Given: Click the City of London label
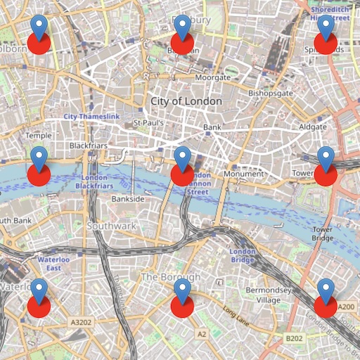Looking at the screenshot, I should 186,101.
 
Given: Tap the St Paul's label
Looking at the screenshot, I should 148,123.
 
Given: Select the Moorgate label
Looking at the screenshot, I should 212,77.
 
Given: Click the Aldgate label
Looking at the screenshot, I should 312,127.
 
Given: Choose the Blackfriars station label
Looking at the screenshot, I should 87,146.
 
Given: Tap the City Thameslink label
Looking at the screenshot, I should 92,115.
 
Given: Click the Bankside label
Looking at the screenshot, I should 128,199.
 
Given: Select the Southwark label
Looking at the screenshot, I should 111,226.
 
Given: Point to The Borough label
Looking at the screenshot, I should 171,278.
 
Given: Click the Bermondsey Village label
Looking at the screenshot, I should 268,295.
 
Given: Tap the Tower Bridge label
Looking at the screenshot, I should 323,234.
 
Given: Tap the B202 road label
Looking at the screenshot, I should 294,339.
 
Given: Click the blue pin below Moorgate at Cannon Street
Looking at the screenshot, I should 182,158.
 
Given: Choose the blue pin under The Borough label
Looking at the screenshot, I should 182,290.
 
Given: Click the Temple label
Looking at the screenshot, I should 39,135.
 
